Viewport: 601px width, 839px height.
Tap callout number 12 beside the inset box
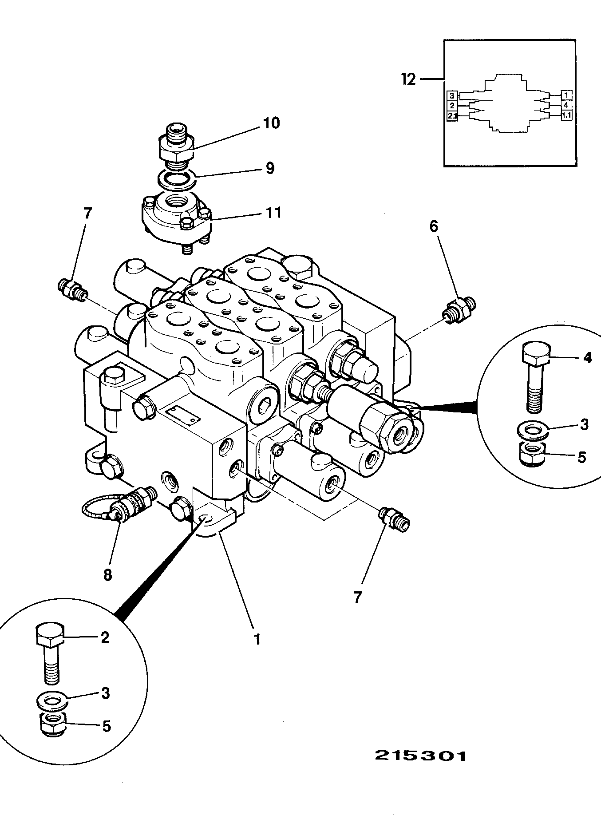[x=408, y=79]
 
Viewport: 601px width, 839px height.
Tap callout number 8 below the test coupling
[x=107, y=575]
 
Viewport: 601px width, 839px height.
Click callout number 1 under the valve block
[x=257, y=639]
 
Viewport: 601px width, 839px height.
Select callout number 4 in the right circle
[x=587, y=358]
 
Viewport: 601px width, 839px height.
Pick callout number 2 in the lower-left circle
[x=105, y=637]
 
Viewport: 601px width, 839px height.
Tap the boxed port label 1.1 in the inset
[x=566, y=115]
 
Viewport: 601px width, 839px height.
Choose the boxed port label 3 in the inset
[x=452, y=95]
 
